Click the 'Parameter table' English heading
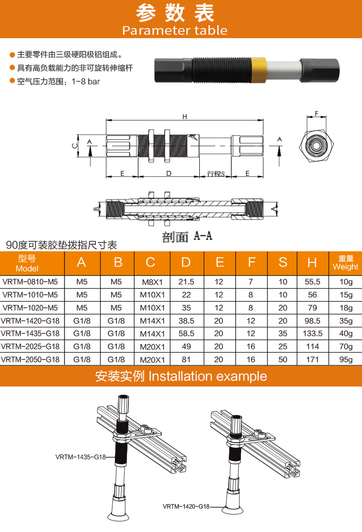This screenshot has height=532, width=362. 175,30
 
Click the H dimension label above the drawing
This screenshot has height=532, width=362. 184,116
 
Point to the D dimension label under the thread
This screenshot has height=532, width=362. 168,173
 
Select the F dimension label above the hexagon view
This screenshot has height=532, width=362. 317,114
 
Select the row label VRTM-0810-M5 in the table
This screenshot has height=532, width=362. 30,282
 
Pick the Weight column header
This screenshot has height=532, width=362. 346,263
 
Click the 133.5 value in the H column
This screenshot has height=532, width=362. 312,333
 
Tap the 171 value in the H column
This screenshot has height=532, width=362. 312,359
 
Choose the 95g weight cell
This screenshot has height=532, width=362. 346,359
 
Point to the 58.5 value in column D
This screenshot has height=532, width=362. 186,333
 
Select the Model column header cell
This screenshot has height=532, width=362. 27,263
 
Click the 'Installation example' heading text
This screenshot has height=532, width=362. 208,376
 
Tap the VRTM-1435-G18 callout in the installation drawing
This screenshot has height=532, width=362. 81,456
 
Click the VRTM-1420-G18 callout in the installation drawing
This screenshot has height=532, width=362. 186,506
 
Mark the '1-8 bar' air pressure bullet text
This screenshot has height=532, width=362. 58,82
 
